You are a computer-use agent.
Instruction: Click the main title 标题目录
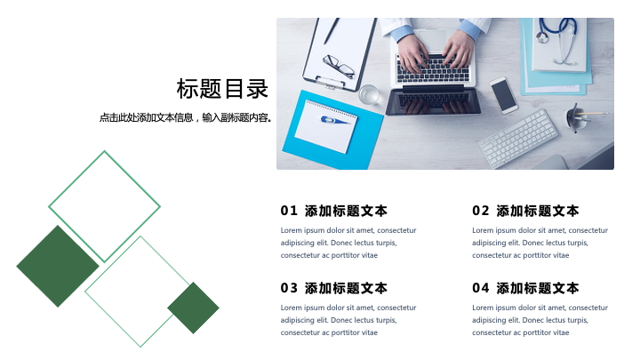coord(222,89)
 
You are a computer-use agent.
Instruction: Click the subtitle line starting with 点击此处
coord(185,117)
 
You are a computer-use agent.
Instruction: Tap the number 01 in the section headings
coord(289,211)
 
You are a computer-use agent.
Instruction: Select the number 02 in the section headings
coord(480,211)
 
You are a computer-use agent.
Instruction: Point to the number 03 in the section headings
coord(289,288)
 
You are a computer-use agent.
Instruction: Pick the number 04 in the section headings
coord(480,288)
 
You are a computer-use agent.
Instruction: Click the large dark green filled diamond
coord(58,266)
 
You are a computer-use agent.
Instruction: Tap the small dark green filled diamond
coord(193,308)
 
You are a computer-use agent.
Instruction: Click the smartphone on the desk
coord(504,95)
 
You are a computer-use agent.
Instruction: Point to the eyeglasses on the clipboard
coord(339,66)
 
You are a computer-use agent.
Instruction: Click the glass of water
coord(369,94)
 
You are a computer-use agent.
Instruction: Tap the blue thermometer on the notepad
coord(334,120)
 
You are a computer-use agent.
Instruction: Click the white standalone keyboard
coord(518,139)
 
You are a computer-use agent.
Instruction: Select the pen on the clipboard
coord(332,31)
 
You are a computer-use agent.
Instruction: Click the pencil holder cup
coord(576,118)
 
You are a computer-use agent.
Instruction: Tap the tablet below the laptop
coord(433,100)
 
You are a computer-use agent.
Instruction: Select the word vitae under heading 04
coord(561,332)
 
